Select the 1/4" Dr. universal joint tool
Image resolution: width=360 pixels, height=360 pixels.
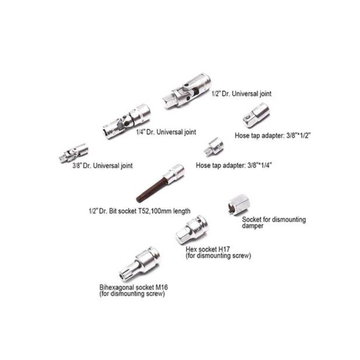pos(127,121)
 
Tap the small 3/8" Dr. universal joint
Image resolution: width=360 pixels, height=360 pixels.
pos(73,153)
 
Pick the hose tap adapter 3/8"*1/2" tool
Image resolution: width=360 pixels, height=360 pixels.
pos(256,115)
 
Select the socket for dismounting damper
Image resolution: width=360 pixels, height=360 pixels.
pos(239,204)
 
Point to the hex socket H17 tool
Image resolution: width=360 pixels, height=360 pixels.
pos(192,230)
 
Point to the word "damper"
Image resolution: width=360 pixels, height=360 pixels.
pos(253,226)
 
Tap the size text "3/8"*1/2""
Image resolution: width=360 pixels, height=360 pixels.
pos(298,135)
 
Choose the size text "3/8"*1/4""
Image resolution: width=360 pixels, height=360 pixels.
pos(260,165)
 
